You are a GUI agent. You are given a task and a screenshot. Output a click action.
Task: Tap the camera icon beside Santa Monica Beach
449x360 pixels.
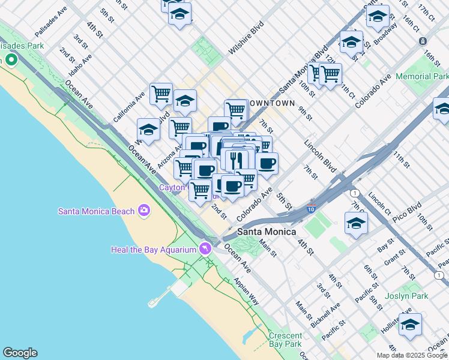(144, 210)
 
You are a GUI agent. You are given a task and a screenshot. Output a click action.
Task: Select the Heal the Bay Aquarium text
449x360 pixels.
(154, 250)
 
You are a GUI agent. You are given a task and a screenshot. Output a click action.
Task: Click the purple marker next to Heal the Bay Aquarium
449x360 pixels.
(206, 248)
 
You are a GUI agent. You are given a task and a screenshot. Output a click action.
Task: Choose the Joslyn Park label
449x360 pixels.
(423, 296)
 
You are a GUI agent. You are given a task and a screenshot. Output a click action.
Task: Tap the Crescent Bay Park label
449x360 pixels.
(285, 340)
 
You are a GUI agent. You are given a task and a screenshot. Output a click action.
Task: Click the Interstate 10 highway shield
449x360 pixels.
(310, 209)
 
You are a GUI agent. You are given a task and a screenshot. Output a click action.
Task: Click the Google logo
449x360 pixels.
(20, 353)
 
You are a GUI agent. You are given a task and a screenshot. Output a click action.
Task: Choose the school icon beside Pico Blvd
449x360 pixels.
(356, 223)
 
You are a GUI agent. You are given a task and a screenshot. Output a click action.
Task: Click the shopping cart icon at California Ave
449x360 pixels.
(161, 94)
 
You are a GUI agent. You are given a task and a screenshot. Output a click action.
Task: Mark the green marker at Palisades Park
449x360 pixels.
(11, 60)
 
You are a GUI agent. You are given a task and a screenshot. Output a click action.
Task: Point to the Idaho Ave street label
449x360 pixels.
(80, 65)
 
